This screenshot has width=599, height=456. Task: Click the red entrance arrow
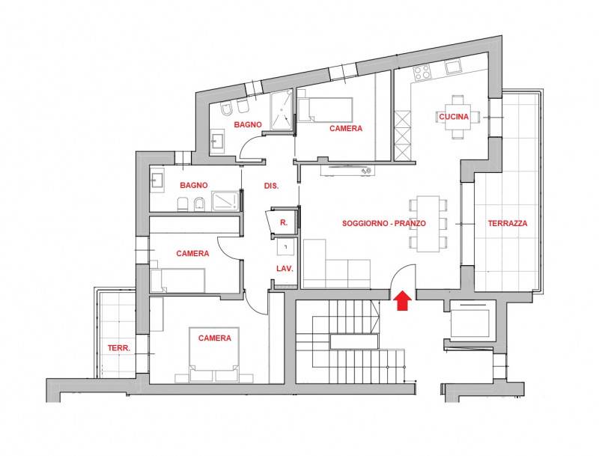pos(402,300)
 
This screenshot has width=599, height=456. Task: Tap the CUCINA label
pos(454,117)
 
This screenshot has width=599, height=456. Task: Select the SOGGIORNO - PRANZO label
pos(384,223)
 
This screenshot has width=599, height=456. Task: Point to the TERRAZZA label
pos(508,223)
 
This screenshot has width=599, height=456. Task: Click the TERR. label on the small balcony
pos(119,348)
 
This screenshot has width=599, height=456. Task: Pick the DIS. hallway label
pos(271,186)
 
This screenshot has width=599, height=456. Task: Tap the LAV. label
pos(285,269)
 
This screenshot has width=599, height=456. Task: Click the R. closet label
pos(284,222)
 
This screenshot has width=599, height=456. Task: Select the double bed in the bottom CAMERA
pos(214,354)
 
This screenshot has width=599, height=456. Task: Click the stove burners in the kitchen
pos(422,72)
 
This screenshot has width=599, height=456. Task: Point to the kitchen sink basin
pos(454,67)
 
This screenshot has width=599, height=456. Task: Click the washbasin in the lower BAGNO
pos(157,180)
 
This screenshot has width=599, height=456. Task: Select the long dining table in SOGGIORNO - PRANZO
pos(428,224)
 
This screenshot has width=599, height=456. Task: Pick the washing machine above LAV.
pos(285,247)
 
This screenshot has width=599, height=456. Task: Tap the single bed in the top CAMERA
pos(325,109)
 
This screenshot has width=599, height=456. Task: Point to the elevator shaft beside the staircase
pos(470,320)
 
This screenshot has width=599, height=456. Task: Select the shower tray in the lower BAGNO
pos(225,201)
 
